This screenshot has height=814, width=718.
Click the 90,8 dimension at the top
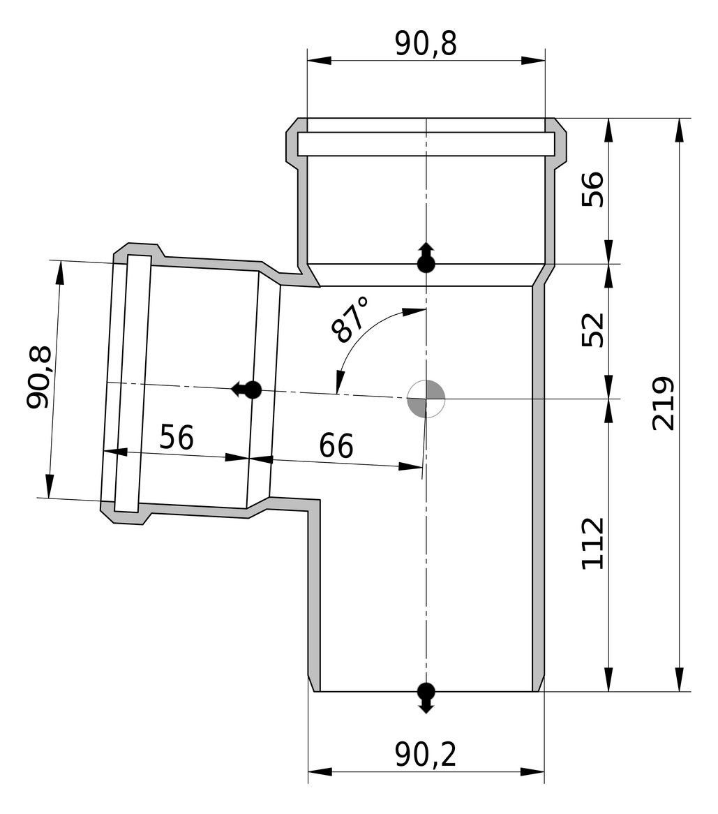(426, 43)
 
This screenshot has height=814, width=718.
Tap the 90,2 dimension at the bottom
(426, 755)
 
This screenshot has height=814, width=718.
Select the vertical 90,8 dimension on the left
(39, 377)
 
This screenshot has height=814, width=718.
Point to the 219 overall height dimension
(663, 404)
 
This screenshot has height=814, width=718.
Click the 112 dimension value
(592, 543)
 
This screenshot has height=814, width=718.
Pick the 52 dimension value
(592, 330)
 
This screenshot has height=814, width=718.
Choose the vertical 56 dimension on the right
(592, 189)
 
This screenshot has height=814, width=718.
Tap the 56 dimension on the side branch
(177, 436)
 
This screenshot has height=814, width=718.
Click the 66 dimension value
(336, 445)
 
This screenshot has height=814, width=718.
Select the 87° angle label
(350, 320)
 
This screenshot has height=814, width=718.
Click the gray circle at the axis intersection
(426, 399)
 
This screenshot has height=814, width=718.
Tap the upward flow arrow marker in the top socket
(426, 258)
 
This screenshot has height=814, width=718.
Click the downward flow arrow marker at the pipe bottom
(426, 697)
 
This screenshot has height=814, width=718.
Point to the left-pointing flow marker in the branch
(246, 389)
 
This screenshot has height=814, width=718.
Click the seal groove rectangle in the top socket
(426, 144)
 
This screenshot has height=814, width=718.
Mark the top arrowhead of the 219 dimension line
(678, 130)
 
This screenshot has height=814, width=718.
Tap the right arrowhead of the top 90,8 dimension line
(533, 60)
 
